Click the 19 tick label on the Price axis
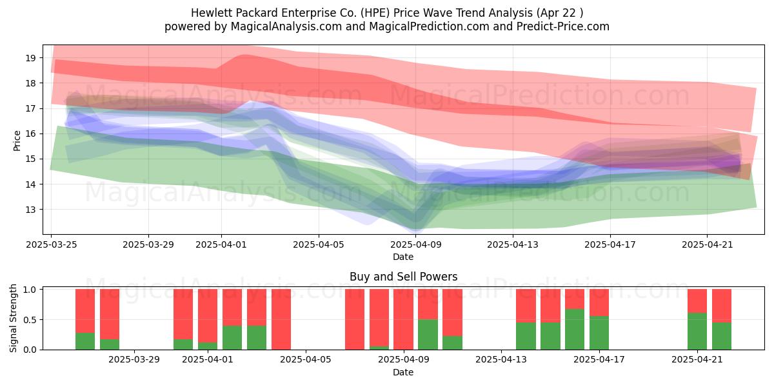(30, 58)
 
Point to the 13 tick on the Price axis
(30, 210)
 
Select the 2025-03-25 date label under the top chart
(52, 244)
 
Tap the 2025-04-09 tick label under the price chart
(416, 244)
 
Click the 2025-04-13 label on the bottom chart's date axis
(501, 360)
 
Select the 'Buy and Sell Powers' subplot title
(404, 277)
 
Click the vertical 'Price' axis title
(17, 141)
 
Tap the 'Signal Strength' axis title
(13, 318)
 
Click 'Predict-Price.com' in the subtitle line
(563, 26)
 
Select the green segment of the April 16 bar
(575, 330)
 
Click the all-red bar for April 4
(281, 320)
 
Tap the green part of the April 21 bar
(697, 332)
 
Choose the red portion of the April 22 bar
(722, 306)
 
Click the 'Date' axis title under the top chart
(403, 257)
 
